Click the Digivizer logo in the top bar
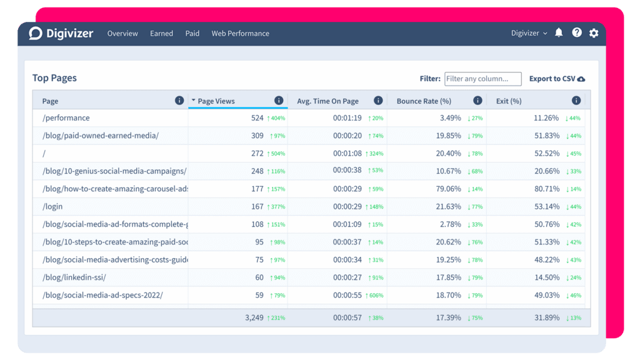[61, 33]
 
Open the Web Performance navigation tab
[240, 34]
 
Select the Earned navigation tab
[161, 34]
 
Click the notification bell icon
[559, 33]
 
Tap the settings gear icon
[594, 33]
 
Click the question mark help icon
[576, 33]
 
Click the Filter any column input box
[482, 79]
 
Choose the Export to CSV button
[557, 79]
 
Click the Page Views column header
[216, 101]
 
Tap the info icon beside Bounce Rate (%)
[477, 101]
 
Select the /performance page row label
[66, 118]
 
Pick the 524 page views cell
[257, 118]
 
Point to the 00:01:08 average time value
[347, 153]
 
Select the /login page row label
[52, 206]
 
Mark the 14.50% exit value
[546, 277]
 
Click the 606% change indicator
[375, 296]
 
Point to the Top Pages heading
[54, 78]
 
